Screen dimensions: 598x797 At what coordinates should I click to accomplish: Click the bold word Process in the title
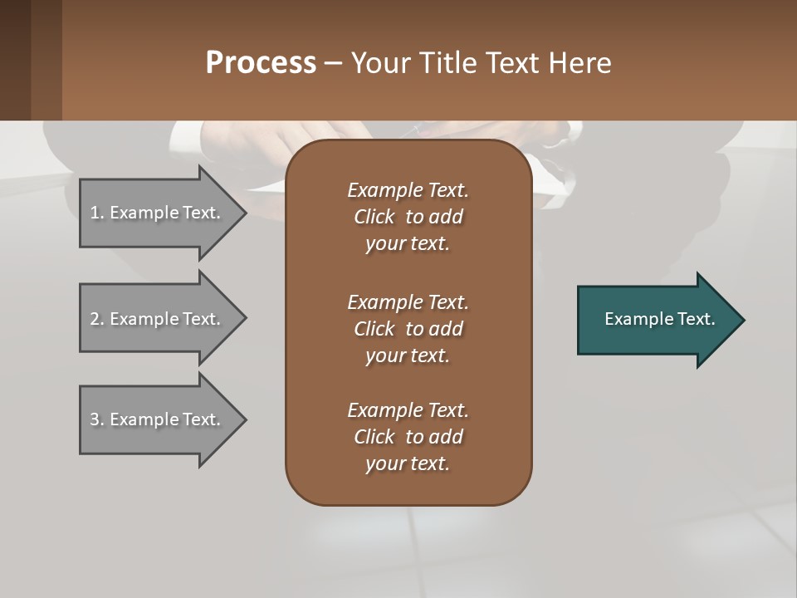[261, 63]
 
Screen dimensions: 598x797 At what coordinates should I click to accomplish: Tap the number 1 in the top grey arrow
[95, 213]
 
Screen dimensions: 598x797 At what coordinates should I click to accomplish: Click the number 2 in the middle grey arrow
[95, 319]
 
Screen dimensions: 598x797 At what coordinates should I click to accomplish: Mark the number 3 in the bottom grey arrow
[95, 419]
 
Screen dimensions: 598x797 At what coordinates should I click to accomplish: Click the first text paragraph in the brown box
[408, 217]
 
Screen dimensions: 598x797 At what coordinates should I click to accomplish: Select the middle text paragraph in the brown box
[408, 329]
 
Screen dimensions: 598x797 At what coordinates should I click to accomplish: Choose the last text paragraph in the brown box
[408, 437]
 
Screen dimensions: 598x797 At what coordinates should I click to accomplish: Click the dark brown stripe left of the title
[15, 60]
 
